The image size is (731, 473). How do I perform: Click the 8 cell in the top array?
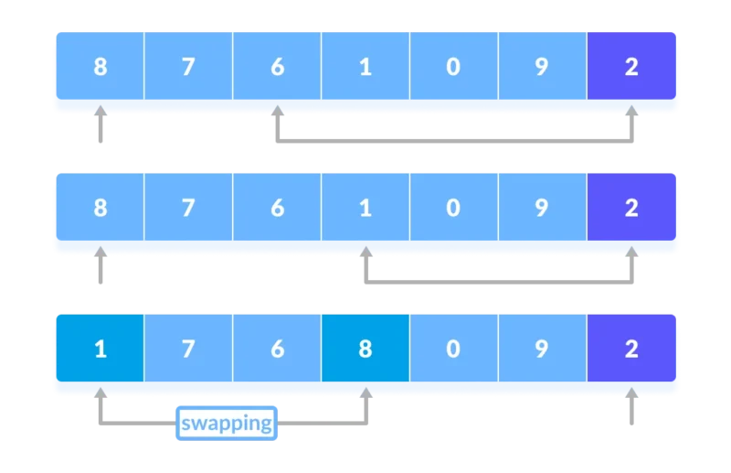(x=101, y=66)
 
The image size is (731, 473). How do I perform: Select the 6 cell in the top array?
(x=277, y=66)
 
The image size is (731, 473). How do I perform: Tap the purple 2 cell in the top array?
(x=631, y=66)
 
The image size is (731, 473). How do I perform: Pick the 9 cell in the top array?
(x=543, y=66)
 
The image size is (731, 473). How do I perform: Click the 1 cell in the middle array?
(x=365, y=207)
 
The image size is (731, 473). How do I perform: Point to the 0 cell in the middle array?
(x=454, y=207)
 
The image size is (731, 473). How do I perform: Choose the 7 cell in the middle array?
(x=188, y=207)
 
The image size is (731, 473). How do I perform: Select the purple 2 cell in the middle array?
(x=631, y=207)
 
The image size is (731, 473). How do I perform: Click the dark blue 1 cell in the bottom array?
(x=101, y=348)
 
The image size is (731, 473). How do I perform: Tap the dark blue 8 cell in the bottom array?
(x=365, y=348)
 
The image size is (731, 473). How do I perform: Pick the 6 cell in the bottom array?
(x=277, y=348)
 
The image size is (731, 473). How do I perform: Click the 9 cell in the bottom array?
(x=543, y=348)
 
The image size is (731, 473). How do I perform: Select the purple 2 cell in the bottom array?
(x=631, y=348)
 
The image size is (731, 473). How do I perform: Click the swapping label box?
(x=227, y=423)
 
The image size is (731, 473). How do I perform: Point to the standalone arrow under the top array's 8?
(x=101, y=124)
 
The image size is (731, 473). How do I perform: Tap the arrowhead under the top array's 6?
(x=278, y=111)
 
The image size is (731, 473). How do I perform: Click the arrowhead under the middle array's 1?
(x=366, y=252)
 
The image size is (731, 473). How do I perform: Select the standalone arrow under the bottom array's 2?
(x=631, y=406)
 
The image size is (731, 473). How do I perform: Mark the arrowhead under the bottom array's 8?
(x=366, y=392)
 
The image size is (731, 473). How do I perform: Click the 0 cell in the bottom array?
(x=454, y=348)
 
